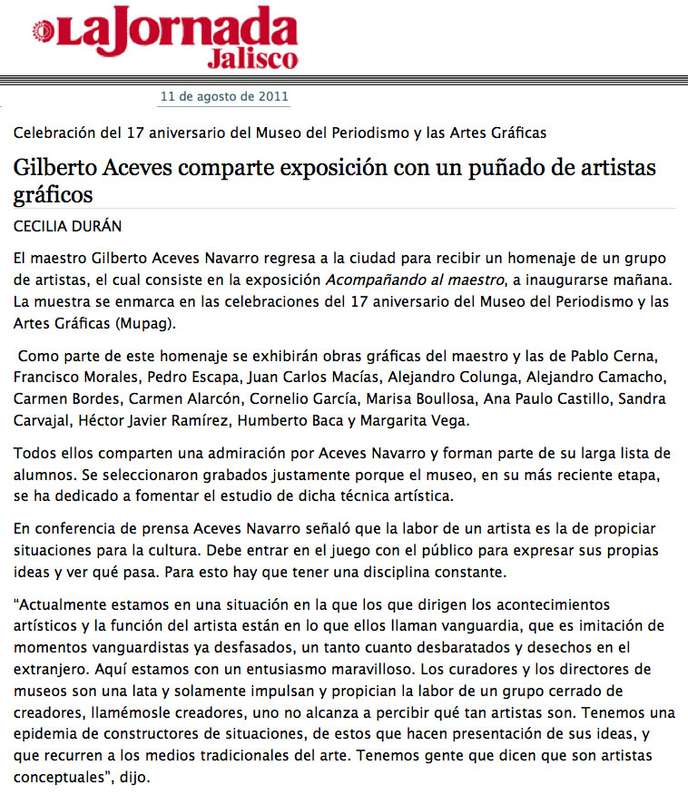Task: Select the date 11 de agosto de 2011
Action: click(x=224, y=95)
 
